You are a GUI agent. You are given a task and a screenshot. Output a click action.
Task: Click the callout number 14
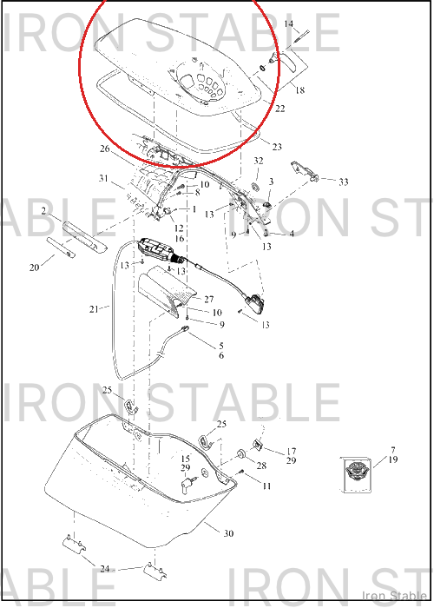point(289,23)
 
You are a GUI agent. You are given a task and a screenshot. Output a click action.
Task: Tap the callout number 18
point(300,90)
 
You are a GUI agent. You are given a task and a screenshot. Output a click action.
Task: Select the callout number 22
point(279,109)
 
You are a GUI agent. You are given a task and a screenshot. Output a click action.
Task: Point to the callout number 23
point(277,147)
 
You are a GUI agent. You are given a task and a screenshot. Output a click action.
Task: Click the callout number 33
point(344,182)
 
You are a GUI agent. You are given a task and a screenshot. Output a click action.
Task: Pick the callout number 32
point(259,161)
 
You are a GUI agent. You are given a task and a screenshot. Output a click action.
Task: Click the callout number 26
point(105,149)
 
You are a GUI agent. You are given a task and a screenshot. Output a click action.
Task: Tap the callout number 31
point(103,178)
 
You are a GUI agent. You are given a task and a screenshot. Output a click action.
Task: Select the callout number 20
point(34,268)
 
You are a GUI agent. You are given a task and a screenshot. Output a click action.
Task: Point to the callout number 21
point(94,309)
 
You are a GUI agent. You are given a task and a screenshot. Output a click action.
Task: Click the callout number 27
point(209,300)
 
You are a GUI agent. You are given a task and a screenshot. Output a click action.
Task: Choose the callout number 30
point(228,533)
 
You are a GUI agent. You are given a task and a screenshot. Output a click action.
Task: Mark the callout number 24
point(105,569)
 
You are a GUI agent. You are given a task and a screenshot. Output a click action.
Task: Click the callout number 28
point(261,466)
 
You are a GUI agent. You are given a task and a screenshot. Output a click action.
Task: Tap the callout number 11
point(266,486)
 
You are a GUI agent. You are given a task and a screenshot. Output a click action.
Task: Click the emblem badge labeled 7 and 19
point(357,474)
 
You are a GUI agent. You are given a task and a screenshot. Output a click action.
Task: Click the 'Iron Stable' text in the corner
point(394,596)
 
